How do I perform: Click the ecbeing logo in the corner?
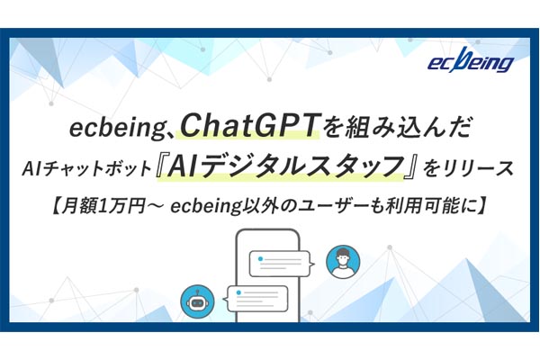[x=471, y=60]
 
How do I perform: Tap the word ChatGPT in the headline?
[x=248, y=126]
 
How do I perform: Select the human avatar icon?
[x=343, y=262]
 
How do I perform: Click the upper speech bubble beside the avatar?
[x=282, y=264]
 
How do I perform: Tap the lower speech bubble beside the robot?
[x=257, y=298]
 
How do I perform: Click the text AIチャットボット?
[x=86, y=169]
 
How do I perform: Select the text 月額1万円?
[x=103, y=206]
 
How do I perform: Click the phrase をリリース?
[x=468, y=169]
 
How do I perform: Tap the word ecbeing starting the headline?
[x=118, y=128]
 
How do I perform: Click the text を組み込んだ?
[x=396, y=126]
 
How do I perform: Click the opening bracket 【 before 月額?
[x=56, y=206]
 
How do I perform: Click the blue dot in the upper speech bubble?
[x=260, y=258]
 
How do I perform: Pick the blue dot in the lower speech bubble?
[x=238, y=292]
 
